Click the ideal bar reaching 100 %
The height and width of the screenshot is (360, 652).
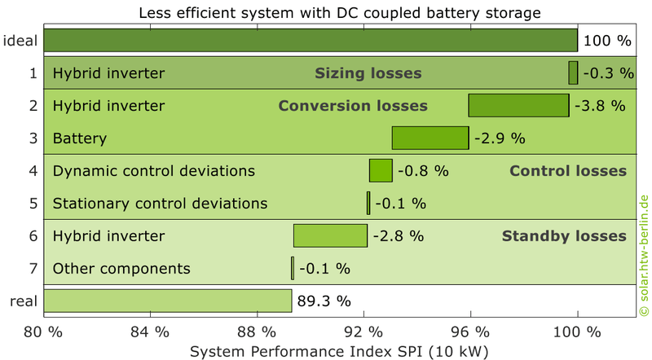pos(311,41)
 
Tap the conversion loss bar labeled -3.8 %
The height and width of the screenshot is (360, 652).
pos(518,106)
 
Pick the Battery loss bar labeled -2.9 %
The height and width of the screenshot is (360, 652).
pos(430,138)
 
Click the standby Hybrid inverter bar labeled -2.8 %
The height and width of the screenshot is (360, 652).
pos(330,236)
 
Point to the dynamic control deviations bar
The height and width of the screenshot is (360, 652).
pos(381,171)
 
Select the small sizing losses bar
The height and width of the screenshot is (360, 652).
pos(573,73)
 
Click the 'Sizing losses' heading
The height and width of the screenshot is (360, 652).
pos(368,73)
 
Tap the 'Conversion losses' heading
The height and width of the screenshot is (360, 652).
pos(353,106)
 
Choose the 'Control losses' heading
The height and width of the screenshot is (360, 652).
pos(568,171)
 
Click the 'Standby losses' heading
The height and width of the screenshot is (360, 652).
pos(564,236)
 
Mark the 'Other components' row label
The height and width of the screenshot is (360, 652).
pos(121,269)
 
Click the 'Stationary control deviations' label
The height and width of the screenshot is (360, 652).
pos(160,204)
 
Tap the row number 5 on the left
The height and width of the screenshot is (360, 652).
pos(33,204)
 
